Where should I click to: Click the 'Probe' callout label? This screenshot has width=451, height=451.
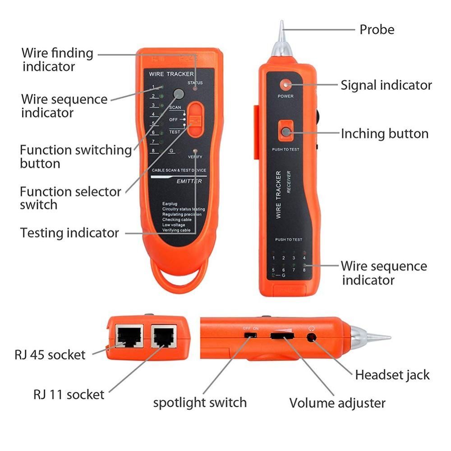(377, 30)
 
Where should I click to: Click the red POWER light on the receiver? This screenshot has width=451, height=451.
(285, 85)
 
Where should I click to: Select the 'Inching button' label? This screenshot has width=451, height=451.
(384, 133)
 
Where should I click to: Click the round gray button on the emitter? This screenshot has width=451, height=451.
(179, 94)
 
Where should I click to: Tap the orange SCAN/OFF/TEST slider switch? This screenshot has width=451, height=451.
(195, 119)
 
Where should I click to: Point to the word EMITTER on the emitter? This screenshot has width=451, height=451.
(189, 181)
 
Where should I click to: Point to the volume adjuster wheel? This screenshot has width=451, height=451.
(281, 336)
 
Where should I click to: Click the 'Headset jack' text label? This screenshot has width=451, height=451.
(392, 375)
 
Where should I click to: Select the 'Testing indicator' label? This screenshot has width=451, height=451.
(69, 233)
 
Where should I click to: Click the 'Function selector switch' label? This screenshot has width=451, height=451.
(70, 198)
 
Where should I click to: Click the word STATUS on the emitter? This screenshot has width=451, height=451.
(195, 83)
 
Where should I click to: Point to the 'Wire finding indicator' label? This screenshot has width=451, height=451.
(57, 60)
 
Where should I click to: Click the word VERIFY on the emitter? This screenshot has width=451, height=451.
(195, 156)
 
